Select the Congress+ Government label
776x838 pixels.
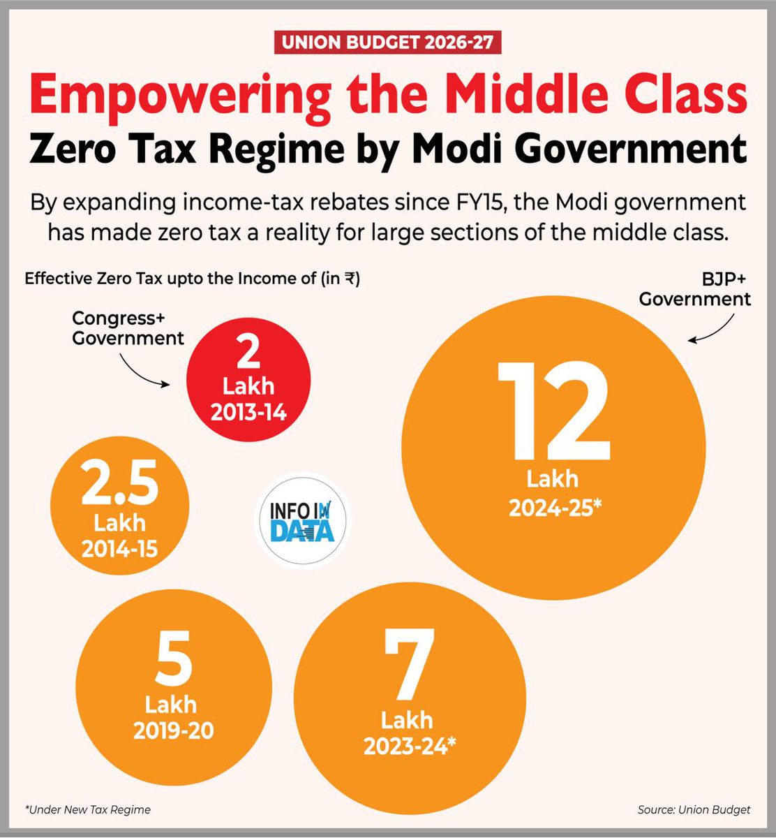point(128,329)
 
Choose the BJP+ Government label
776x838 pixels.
point(695,291)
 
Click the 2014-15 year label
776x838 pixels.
point(119,550)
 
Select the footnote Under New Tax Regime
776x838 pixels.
point(88,810)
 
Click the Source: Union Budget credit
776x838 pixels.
point(694,810)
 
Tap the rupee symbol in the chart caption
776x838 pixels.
point(342,279)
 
